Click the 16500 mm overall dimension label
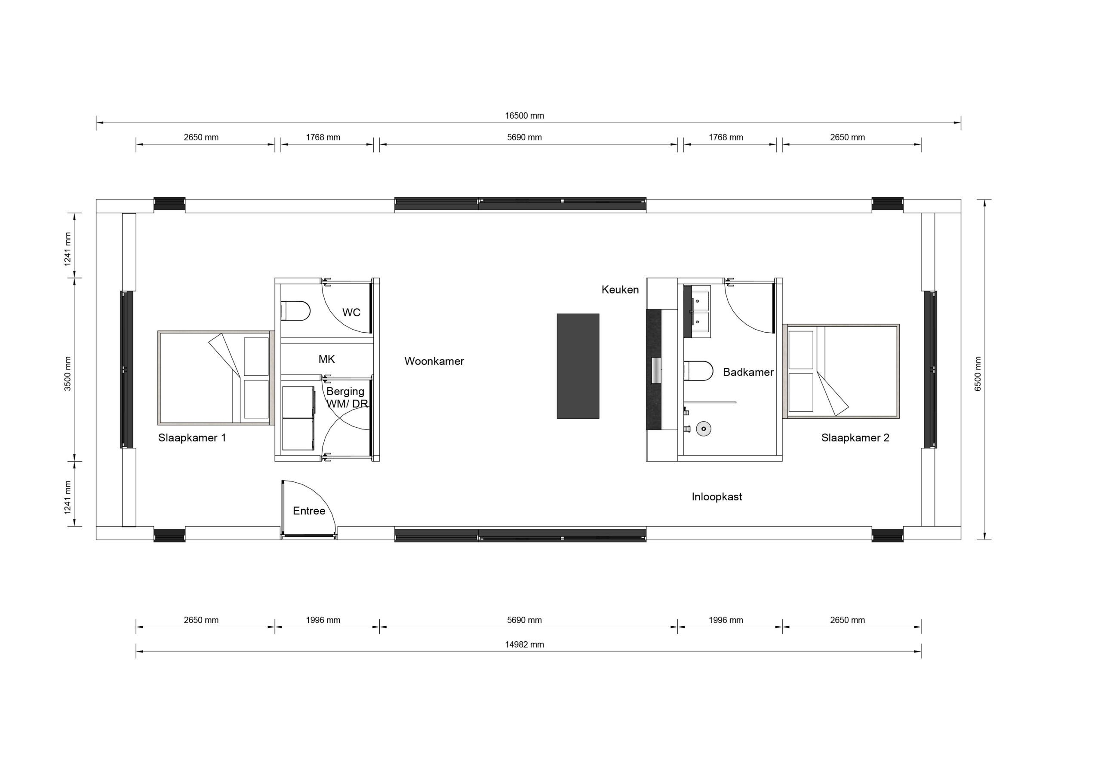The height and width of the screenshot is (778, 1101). (x=524, y=116)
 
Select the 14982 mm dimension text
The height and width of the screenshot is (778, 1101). (x=524, y=645)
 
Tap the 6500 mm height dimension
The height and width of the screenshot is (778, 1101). (x=978, y=374)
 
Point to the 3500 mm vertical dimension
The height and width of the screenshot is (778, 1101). (x=68, y=374)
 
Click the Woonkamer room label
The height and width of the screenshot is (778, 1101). (x=434, y=361)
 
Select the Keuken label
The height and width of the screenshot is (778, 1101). (x=620, y=290)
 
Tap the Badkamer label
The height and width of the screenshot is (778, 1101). (x=748, y=372)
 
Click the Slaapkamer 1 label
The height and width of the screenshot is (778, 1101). (x=192, y=438)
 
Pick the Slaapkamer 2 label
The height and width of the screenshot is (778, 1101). (x=855, y=438)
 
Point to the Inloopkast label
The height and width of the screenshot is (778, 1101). (x=717, y=497)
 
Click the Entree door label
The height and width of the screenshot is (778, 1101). (x=309, y=511)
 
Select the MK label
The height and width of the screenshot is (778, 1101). (x=326, y=359)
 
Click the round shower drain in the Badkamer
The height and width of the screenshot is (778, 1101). (x=704, y=429)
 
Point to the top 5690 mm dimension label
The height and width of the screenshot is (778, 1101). (x=524, y=137)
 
